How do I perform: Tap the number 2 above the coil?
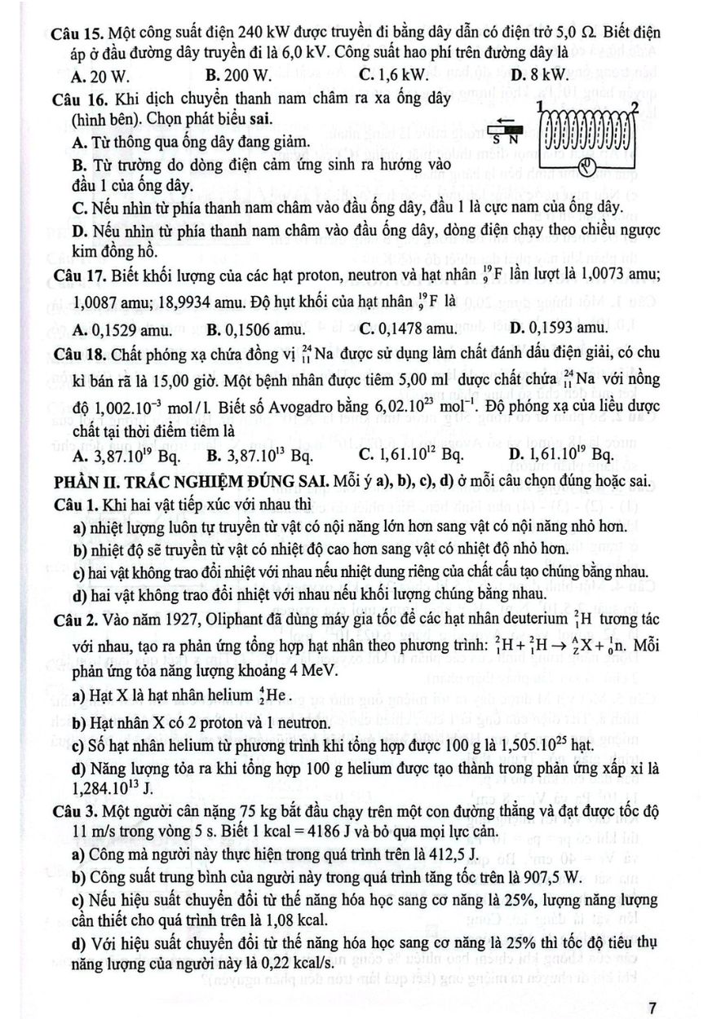click(635, 107)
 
